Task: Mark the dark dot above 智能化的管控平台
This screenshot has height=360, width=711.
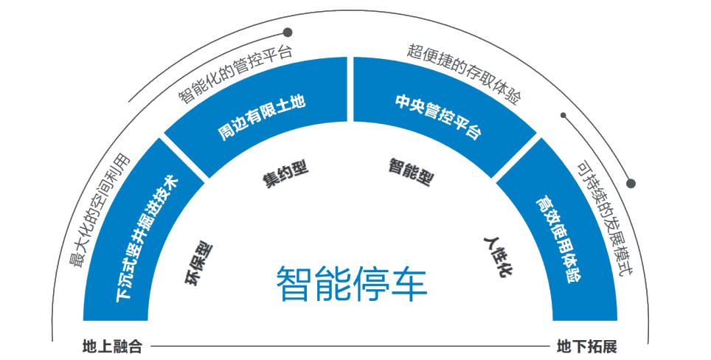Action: [288, 32]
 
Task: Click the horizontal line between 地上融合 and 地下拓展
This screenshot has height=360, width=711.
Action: [347, 346]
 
